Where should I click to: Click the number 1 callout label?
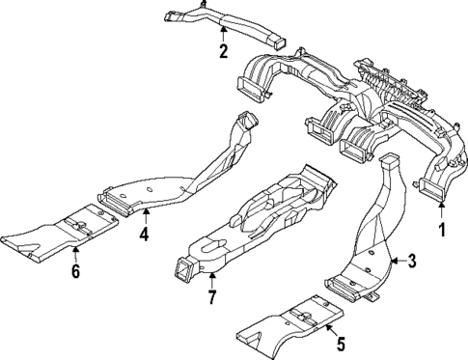(x=443, y=231)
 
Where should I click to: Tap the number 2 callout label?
(x=223, y=52)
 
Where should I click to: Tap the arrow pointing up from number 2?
(x=223, y=35)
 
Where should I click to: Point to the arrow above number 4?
(x=143, y=214)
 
